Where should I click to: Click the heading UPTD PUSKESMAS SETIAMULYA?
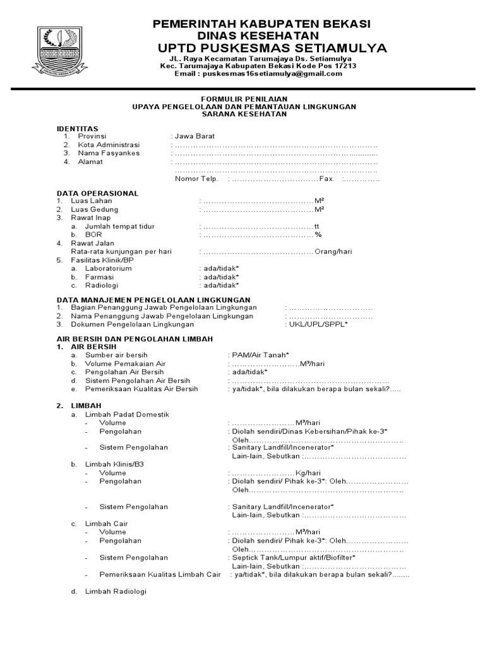272,49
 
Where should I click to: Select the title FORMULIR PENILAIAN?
244,99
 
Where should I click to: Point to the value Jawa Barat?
195,136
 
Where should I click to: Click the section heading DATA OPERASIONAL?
97,193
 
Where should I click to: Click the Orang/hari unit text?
333,251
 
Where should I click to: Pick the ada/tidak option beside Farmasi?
219,277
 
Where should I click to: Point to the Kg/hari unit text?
309,473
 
